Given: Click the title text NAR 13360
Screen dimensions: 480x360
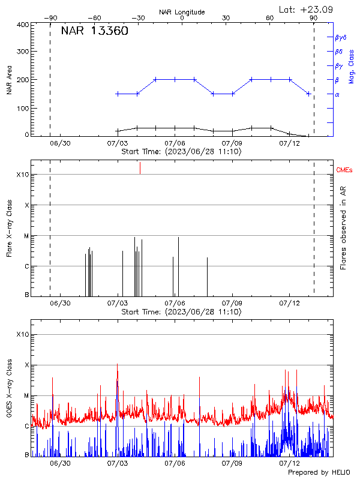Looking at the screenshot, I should tap(94, 32).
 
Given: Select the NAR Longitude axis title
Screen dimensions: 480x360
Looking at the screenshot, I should tap(182, 11).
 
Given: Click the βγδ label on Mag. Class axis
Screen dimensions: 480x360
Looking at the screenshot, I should tap(340, 37).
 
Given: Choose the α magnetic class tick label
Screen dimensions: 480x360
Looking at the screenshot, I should tap(337, 94).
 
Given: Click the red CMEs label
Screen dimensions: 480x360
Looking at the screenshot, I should tap(344, 171).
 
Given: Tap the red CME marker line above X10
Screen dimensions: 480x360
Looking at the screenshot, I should tap(140, 167).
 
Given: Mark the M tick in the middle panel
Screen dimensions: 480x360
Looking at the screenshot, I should tap(26, 236).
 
